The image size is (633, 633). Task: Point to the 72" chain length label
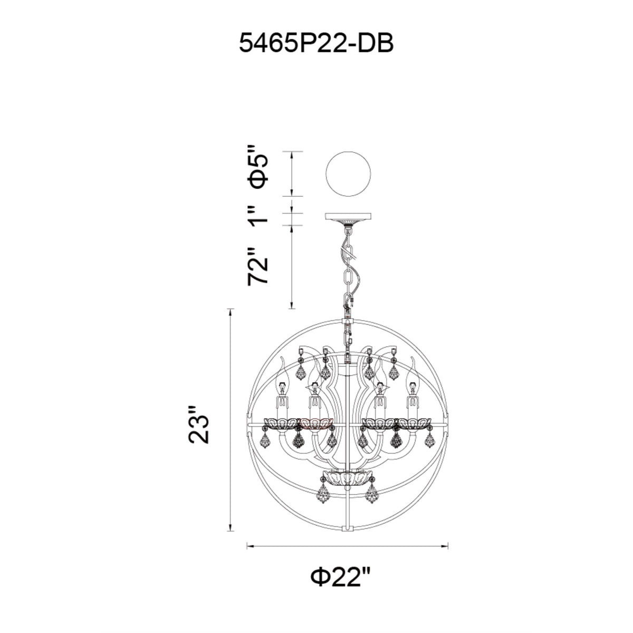tap(259, 266)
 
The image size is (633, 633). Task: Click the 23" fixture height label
tap(199, 425)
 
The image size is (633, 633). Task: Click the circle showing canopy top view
tap(348, 174)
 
